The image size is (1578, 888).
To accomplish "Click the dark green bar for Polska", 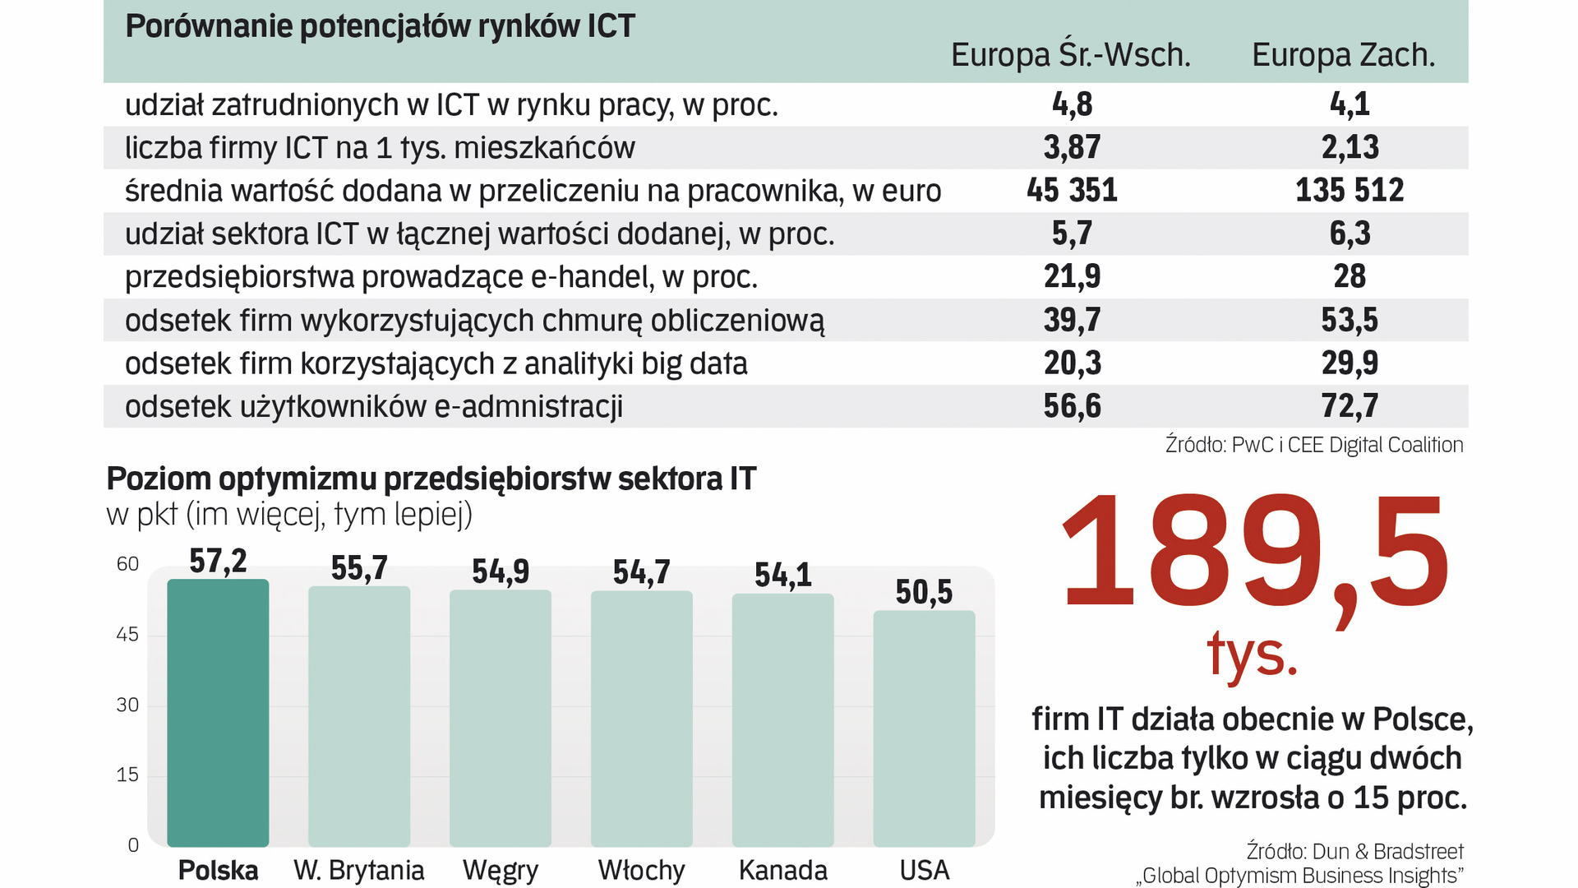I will point(218,712).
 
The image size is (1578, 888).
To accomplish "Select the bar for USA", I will point(924,728).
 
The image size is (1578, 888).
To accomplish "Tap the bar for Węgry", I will point(500,718).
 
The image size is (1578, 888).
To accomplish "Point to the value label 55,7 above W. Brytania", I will point(359,568).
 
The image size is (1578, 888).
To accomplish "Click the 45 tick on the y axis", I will point(127,634).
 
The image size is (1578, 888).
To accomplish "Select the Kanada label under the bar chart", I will point(782,870).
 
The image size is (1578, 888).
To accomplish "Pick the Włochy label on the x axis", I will point(641,870).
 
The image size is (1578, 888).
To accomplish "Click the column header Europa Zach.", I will point(1343,55).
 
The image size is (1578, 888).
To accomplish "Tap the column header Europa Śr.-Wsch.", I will point(1070,55).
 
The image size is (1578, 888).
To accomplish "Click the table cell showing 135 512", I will point(1350,191).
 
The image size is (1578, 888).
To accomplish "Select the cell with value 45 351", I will point(1072,191).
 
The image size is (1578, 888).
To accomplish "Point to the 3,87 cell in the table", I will point(1072,148).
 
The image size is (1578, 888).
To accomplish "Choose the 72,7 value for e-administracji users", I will point(1350,406).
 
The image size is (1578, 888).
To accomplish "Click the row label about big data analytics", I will point(436,363).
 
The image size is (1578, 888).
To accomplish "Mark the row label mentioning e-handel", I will point(441,277).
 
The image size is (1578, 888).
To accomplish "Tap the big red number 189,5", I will point(1254,553).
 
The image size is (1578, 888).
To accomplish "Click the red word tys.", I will point(1252,654).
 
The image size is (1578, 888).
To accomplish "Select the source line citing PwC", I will point(1313,445).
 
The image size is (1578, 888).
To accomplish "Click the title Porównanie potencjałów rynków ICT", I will point(380,26).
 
